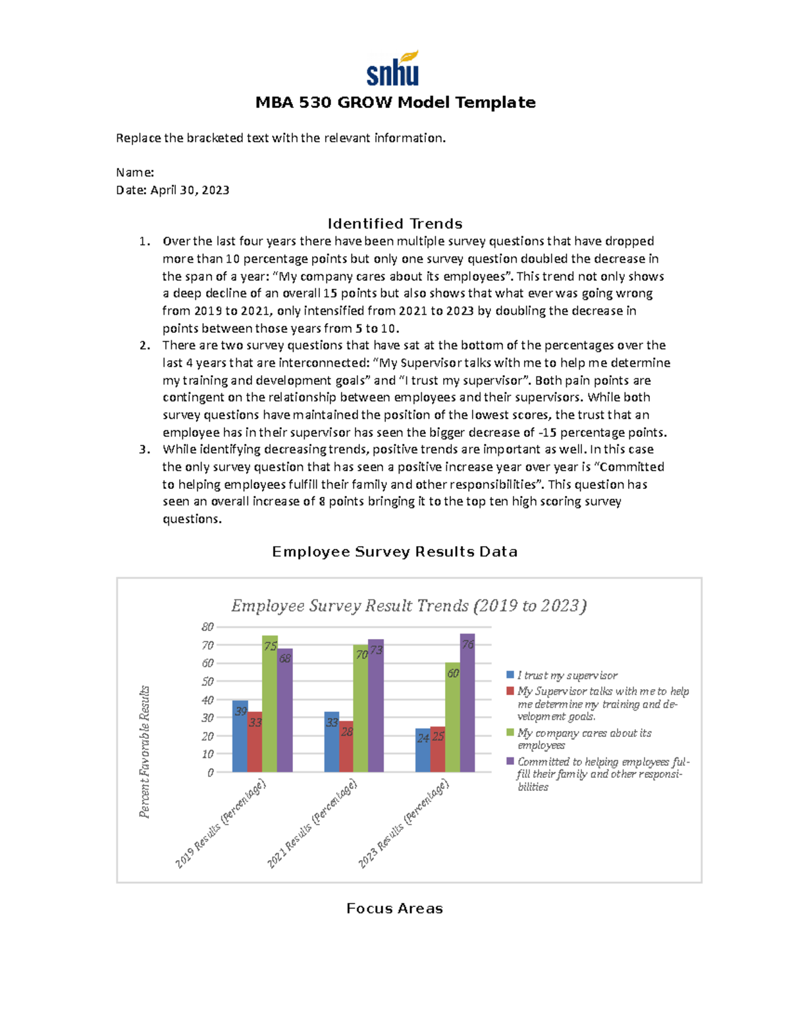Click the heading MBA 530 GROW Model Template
[x=395, y=103]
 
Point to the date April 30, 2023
[x=190, y=190]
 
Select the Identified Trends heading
[x=394, y=224]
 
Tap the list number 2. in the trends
[x=145, y=345]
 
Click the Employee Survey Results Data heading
[x=394, y=551]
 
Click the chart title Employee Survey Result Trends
[x=408, y=605]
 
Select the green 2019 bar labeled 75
[x=270, y=704]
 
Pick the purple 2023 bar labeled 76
[x=467, y=704]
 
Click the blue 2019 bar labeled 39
[x=240, y=737]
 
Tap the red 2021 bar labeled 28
[x=346, y=747]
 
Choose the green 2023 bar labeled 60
[x=453, y=717]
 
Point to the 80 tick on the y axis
[x=207, y=627]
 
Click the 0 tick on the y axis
[x=210, y=773]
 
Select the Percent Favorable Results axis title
[x=145, y=752]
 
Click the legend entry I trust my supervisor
[x=567, y=675]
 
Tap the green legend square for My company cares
[x=510, y=732]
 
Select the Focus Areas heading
[x=394, y=908]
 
